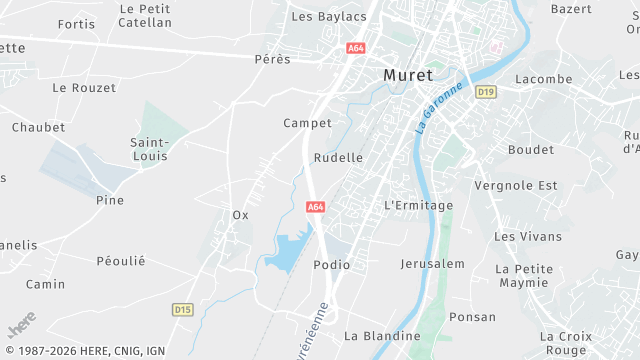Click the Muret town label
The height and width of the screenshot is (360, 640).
(x=408, y=75)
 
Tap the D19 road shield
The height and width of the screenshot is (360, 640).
(x=486, y=91)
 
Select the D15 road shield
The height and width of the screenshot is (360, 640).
(x=182, y=309)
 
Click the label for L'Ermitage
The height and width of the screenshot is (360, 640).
(x=418, y=205)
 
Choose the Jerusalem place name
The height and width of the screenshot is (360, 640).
(x=432, y=264)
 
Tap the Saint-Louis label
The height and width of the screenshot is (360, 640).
(x=149, y=149)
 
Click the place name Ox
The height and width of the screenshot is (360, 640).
(x=240, y=215)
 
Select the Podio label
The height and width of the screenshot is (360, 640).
(x=331, y=265)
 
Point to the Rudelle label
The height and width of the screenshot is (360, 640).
(x=338, y=158)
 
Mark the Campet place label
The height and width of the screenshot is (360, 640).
(x=307, y=123)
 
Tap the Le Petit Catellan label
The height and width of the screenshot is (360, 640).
(x=144, y=15)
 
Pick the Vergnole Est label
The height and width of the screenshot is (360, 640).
(x=516, y=186)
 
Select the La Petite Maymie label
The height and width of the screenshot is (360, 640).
(x=523, y=276)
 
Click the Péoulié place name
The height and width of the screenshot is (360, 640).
(x=121, y=261)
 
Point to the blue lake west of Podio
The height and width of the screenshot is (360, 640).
(x=285, y=253)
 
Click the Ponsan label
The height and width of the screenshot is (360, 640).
(x=472, y=317)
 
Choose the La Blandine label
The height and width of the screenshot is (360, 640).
(x=382, y=336)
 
